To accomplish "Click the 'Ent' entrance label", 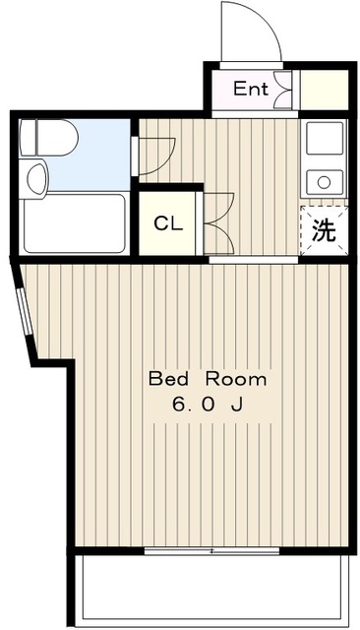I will point(250,89).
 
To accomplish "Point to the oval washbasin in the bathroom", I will point(36,177).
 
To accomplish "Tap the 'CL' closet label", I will point(168,222).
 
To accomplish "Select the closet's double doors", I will point(217,221).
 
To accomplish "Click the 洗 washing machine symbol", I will point(323,232).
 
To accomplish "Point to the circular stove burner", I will point(322,180).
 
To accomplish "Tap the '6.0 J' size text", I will point(208,404).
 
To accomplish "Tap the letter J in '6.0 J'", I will point(238,404).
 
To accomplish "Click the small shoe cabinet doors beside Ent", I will point(284,90).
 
